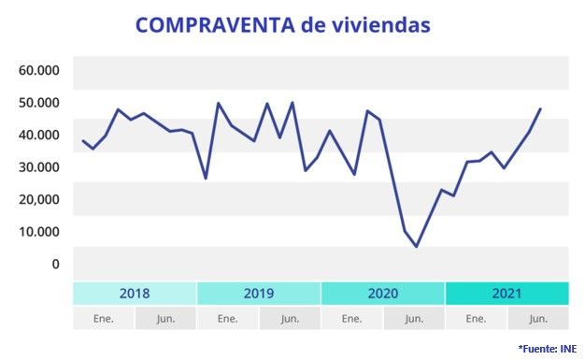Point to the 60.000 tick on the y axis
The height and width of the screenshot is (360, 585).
coord(39,70)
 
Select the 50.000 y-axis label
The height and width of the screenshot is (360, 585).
coord(39,102)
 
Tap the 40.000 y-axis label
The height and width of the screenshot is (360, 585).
coord(39,135)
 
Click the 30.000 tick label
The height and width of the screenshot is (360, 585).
coord(39,166)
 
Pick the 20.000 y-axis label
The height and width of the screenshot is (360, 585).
coord(39,199)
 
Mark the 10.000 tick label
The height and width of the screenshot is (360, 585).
coord(39,231)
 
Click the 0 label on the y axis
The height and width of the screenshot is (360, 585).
coord(55,264)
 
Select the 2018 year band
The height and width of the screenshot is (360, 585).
coord(135,294)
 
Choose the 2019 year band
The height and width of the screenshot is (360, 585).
coord(259,294)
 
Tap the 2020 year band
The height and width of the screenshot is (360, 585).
coord(383,294)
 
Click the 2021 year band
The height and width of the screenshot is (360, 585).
coord(507,294)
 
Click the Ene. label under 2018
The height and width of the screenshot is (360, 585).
coord(104,319)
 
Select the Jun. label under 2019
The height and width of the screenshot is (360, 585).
coord(290,319)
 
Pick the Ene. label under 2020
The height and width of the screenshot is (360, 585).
coord(352,319)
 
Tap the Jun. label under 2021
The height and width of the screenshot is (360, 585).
coord(538,319)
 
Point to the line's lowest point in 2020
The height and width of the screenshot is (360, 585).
coord(417,247)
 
